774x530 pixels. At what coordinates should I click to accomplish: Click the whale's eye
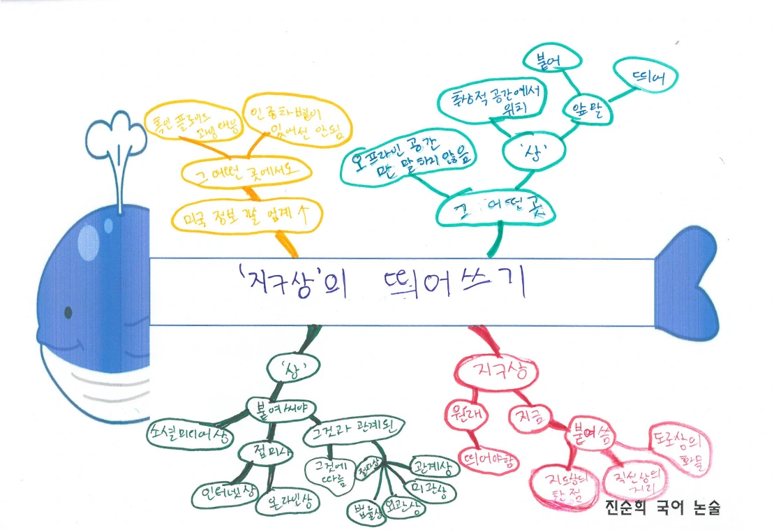(68, 311)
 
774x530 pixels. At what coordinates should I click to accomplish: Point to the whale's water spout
(114, 135)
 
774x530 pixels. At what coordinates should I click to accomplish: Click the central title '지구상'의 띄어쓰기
(381, 286)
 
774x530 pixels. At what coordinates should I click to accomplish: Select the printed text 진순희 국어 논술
(662, 508)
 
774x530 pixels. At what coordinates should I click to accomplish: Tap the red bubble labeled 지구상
(496, 371)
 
